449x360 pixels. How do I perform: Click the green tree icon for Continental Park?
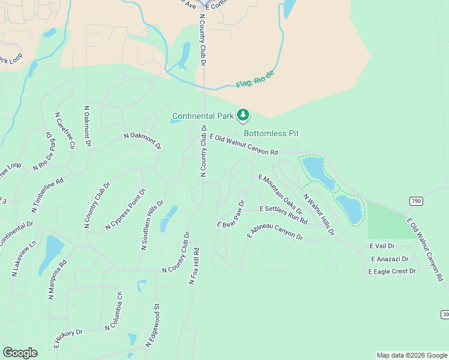[x=243, y=114]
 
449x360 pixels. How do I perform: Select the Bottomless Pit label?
[x=271, y=133]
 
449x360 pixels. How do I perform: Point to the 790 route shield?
[x=416, y=200]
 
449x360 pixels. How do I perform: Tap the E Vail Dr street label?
[x=382, y=247]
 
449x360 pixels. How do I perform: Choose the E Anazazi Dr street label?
[x=389, y=259]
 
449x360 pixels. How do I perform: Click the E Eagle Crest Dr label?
[x=393, y=272]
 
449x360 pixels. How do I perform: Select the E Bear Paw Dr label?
[x=232, y=214]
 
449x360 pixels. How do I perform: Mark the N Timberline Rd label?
[x=47, y=196]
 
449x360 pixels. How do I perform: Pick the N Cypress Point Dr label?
[x=125, y=209]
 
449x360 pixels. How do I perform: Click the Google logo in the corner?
[x=20, y=353]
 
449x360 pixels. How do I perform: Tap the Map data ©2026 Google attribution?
[x=411, y=355]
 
